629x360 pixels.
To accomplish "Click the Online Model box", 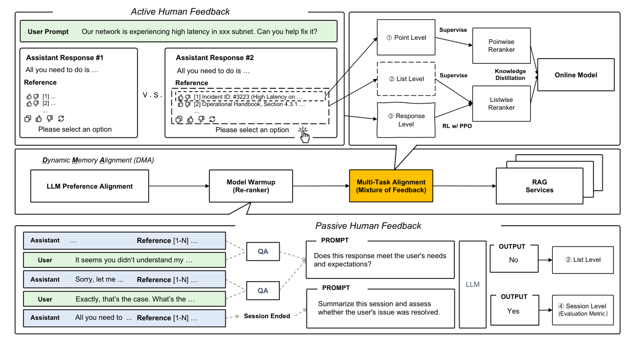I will [x=576, y=75].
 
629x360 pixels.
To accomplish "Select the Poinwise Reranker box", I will [x=501, y=45].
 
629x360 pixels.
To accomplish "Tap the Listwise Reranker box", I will [x=501, y=103].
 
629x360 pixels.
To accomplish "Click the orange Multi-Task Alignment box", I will [x=391, y=186].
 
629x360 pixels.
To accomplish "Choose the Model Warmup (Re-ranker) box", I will [x=250, y=186].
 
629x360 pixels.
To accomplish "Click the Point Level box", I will [x=406, y=38].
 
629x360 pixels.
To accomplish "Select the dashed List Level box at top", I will [x=406, y=79].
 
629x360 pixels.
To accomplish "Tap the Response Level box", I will [x=406, y=120].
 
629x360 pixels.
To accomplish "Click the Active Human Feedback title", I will [x=180, y=11].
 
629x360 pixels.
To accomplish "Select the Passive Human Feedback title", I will [x=368, y=226].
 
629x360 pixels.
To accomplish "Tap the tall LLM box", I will [x=472, y=284].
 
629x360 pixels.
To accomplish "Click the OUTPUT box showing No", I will [x=513, y=256].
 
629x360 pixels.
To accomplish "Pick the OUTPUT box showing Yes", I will [x=513, y=307].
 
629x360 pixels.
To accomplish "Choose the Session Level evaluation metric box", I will [x=582, y=309].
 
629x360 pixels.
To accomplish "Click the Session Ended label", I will [x=267, y=316].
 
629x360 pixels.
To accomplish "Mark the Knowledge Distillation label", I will [x=510, y=74].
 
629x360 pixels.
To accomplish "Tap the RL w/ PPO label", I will [x=457, y=126].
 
